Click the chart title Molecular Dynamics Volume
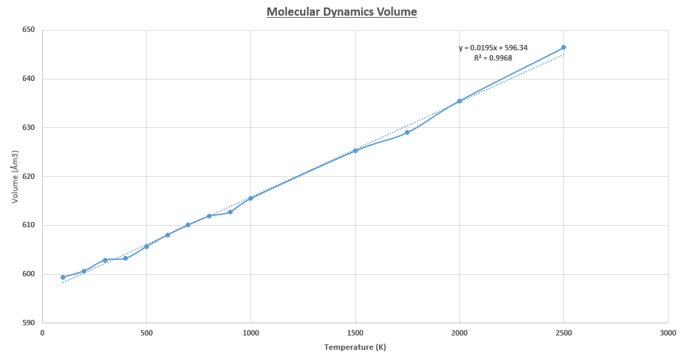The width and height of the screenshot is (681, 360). pos(342,12)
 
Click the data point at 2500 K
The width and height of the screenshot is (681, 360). pos(563,48)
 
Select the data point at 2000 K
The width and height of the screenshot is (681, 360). pos(459,101)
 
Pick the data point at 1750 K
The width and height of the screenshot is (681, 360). pos(407,132)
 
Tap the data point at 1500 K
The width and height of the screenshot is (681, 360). pos(355,150)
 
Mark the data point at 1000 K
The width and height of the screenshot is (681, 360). pos(250,198)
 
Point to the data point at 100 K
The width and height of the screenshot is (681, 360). pos(63,277)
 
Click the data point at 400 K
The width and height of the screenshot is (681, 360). pos(125,258)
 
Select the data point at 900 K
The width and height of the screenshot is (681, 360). pos(230,212)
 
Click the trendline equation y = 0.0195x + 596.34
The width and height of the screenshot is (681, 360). pos(493,48)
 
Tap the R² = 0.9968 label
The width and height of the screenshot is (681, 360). pos(493,58)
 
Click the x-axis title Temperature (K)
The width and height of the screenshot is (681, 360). pos(355,347)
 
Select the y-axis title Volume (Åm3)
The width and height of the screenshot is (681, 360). pos(14,176)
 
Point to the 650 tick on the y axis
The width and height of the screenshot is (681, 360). pos(28,30)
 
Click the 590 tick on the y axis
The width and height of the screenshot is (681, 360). pos(28,323)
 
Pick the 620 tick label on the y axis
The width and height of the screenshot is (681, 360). pos(28,176)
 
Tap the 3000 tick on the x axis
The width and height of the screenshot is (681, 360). pos(667,333)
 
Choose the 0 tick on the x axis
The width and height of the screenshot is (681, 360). pos(42,333)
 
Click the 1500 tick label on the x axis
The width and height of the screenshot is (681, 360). pos(355,333)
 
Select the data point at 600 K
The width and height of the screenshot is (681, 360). pos(167,235)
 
